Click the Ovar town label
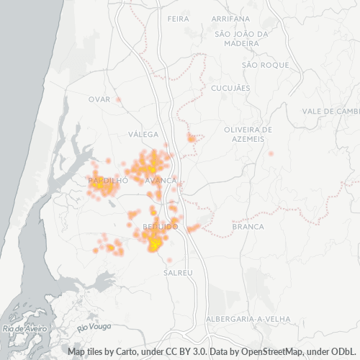coord(99,99)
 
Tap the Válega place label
coord(142,134)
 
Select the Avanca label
coord(160,180)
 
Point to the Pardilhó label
coord(107,180)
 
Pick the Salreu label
coord(178,273)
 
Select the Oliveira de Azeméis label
coord(248,133)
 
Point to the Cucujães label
coord(230,88)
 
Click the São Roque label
coord(265,65)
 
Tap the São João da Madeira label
coord(241,38)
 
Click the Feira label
coord(177,18)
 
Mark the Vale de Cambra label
coord(330,111)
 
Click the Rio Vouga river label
coord(94,326)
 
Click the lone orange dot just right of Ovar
coord(119,99)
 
